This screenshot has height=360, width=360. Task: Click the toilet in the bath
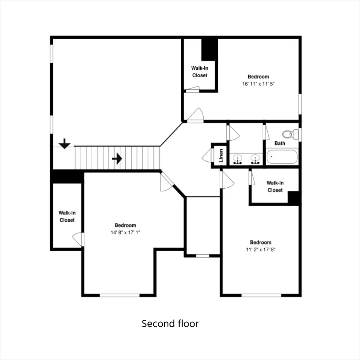pos(291,134)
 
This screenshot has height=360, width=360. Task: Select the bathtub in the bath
pos(282,157)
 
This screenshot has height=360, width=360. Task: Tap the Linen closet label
pos(221,156)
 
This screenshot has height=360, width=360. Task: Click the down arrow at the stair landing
pos(64,144)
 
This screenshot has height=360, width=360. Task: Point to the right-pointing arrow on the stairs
pos(117,159)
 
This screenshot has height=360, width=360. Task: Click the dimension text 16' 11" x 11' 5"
pos(258,84)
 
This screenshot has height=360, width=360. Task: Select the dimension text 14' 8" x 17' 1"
pos(125,232)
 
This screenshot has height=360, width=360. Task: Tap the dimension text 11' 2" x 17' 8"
pos(261,250)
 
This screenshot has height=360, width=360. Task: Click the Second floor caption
pos(170,324)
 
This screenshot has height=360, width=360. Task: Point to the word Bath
pos(280,143)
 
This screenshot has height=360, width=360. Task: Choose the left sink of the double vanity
pos(237,159)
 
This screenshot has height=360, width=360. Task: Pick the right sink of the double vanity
pos(255,159)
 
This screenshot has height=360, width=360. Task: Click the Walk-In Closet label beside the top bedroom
pos(200,72)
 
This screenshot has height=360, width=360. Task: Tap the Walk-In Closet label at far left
pos(67,216)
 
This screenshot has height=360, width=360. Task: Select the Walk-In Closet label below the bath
pos(275,186)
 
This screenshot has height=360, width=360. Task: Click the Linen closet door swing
pos(207,155)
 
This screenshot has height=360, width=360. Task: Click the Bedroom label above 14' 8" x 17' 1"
pos(125,225)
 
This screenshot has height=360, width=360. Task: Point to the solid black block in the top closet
pos(210,49)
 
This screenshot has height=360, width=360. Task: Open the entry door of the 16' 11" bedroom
pos(195,115)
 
